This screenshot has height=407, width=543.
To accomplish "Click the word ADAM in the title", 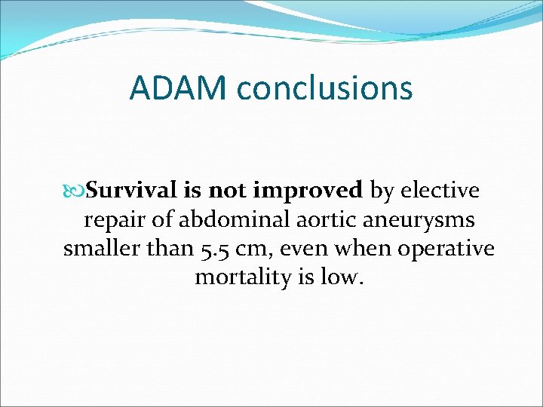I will [x=179, y=87].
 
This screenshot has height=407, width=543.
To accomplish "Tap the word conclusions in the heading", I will [x=324, y=87].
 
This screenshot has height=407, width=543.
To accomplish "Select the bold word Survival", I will [x=131, y=191].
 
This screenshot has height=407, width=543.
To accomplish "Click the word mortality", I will [x=241, y=278].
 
